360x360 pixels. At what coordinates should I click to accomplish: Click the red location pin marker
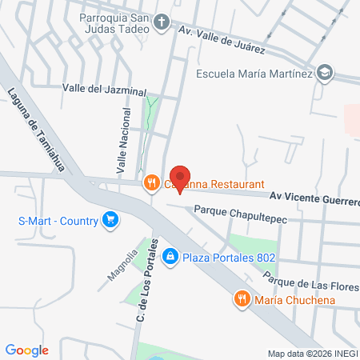(x=180, y=178)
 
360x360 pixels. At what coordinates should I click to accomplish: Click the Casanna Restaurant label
(x=224, y=184)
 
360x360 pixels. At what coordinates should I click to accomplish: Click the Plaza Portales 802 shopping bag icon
(x=170, y=257)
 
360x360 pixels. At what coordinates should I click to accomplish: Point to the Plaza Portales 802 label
(x=229, y=258)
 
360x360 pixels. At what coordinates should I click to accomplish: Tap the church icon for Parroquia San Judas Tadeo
(x=162, y=22)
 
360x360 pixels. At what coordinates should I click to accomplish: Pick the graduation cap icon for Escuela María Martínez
(x=324, y=72)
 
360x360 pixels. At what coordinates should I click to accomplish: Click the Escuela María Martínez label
(x=254, y=72)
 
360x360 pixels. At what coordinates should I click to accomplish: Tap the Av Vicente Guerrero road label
(x=314, y=196)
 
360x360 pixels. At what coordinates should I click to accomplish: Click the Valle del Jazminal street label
(x=98, y=90)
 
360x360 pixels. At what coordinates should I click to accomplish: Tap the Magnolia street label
(x=118, y=268)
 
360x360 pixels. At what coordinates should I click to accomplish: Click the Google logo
(x=27, y=350)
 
